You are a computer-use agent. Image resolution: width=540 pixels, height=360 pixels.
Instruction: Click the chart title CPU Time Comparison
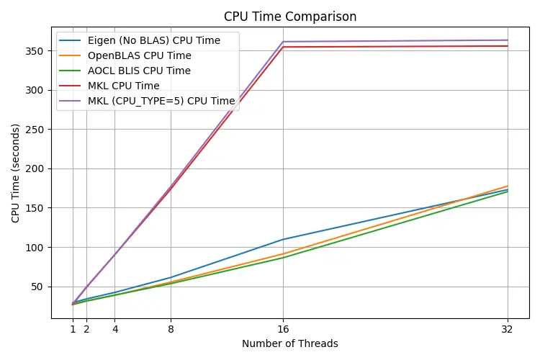[290, 17]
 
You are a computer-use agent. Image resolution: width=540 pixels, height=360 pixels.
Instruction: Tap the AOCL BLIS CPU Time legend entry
[139, 71]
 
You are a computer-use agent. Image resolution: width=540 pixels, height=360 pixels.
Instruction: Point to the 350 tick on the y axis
[37, 51]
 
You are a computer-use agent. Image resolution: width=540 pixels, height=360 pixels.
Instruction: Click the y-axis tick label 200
[37, 168]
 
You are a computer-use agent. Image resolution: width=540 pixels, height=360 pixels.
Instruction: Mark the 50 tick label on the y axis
[40, 287]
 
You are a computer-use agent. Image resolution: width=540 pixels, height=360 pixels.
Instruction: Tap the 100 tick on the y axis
[37, 247]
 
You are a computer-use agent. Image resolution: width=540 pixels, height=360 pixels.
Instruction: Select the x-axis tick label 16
[283, 329]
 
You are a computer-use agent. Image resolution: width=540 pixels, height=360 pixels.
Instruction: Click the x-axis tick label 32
[508, 329]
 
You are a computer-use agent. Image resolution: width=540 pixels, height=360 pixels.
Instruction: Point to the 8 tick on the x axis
[171, 329]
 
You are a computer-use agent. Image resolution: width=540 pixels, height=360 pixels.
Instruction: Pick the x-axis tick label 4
[114, 329]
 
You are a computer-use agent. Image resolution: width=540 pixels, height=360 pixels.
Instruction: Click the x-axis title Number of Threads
[290, 344]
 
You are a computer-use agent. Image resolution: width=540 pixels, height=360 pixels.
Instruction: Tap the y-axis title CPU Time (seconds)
[16, 171]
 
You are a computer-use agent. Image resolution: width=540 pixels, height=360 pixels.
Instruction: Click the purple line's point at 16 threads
[283, 42]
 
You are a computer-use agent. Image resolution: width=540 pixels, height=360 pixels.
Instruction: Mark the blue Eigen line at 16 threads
[283, 239]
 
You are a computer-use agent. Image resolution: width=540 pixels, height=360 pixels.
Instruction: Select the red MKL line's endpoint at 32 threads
[508, 46]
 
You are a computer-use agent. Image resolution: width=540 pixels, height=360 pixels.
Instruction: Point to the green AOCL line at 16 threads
[283, 258]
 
